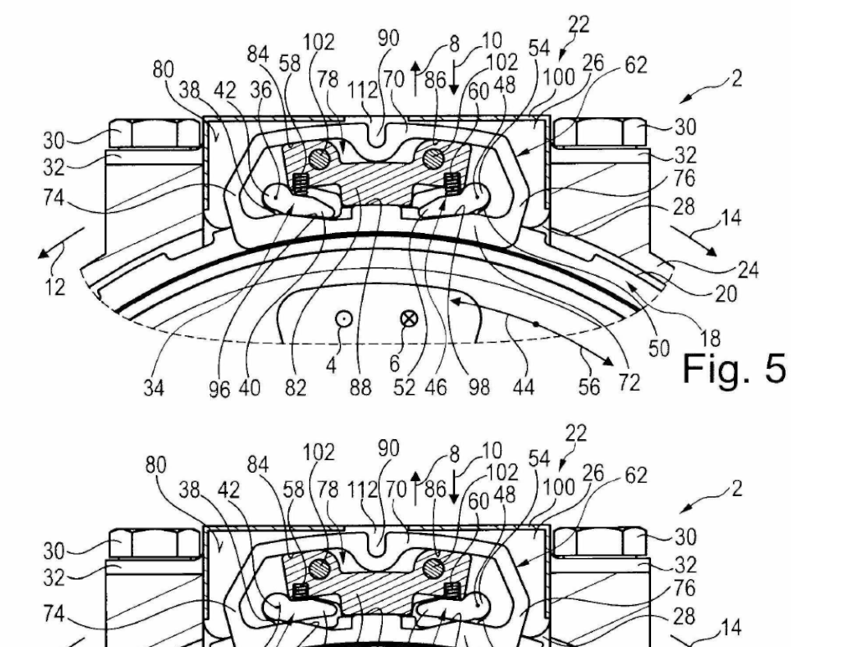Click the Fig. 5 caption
[734, 368]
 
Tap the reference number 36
[261, 89]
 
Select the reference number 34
[153, 388]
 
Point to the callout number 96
[219, 390]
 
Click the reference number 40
[249, 388]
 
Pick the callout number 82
[296, 388]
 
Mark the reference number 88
[360, 388]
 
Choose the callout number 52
[404, 388]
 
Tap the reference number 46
[436, 388]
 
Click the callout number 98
[478, 388]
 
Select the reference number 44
[523, 388]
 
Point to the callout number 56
[588, 388]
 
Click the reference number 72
[629, 382]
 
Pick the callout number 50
[659, 349]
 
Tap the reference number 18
[710, 338]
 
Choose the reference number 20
[726, 295]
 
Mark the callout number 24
[747, 270]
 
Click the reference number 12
[54, 287]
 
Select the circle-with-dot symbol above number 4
[344, 318]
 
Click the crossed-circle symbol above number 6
[408, 318]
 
